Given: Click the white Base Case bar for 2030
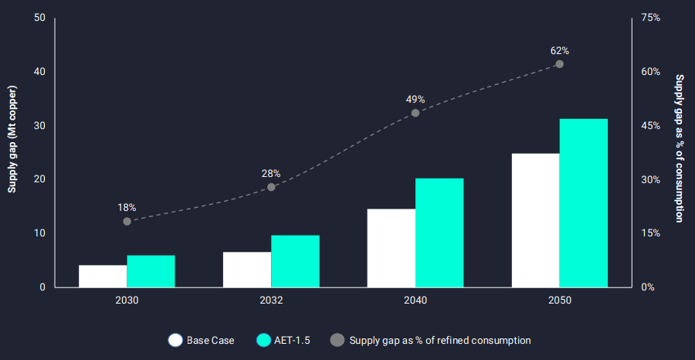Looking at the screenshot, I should coord(103,276).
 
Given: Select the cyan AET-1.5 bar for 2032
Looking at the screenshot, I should coord(295,261).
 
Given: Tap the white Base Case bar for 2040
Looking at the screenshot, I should coord(391,248).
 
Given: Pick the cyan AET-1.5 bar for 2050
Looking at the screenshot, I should coord(583,202).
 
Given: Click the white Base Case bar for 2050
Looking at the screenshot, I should coord(535,220).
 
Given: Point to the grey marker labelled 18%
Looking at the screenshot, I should coord(127,222).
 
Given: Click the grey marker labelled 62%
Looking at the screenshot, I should coord(560,64).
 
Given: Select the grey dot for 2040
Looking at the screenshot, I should coord(415,113).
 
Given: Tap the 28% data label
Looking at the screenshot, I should coord(271,174).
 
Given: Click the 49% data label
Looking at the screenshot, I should coord(415,100).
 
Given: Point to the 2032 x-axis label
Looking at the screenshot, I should coord(271,300).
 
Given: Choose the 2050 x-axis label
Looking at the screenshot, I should coord(559,300).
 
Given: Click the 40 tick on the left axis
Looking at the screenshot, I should coord(39,72).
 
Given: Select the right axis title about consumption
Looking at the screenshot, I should coord(680,148).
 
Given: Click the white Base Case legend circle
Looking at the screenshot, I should coord(175,340).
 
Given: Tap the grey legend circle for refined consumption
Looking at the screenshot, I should coord(337,340).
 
